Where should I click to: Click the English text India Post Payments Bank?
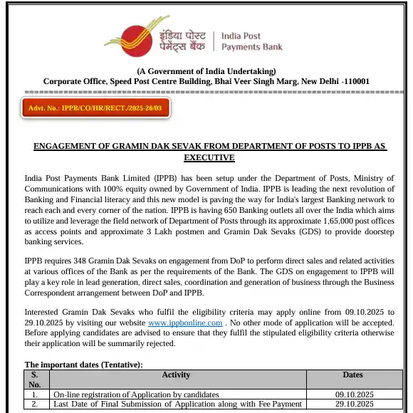(x=252, y=41)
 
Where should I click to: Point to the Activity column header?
(x=176, y=375)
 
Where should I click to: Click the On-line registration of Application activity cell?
(x=135, y=394)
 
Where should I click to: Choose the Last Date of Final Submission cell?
(x=177, y=404)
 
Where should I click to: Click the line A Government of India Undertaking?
(x=206, y=71)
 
